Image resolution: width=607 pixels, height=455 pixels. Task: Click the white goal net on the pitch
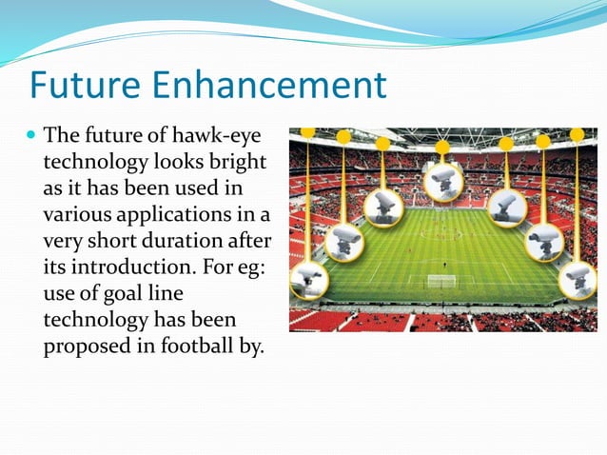click(x=441, y=281)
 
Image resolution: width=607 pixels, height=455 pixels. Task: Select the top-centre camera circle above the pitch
click(x=442, y=182)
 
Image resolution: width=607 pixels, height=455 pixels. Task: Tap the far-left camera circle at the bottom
click(x=309, y=280)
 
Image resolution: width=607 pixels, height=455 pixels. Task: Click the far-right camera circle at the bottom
click(x=578, y=279)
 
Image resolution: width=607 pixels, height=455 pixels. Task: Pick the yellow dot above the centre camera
click(x=442, y=148)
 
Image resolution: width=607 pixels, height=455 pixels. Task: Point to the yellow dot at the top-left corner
click(x=307, y=132)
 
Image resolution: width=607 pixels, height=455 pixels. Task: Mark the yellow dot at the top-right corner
click(x=577, y=134)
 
